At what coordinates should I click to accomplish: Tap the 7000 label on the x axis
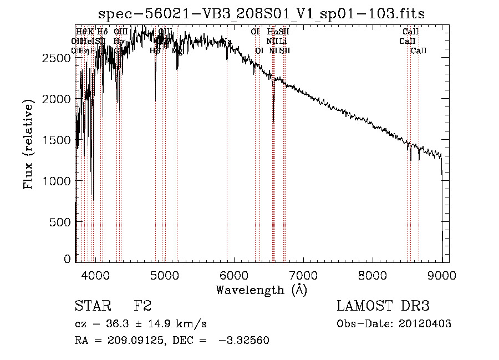(x=303, y=274)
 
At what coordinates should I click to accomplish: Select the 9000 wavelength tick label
(x=442, y=274)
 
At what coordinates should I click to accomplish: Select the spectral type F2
(x=142, y=306)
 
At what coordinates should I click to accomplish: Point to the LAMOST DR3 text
(x=383, y=306)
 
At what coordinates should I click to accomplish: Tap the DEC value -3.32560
(x=243, y=341)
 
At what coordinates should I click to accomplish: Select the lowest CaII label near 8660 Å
(x=419, y=51)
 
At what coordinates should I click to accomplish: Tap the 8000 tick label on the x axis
(x=373, y=274)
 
